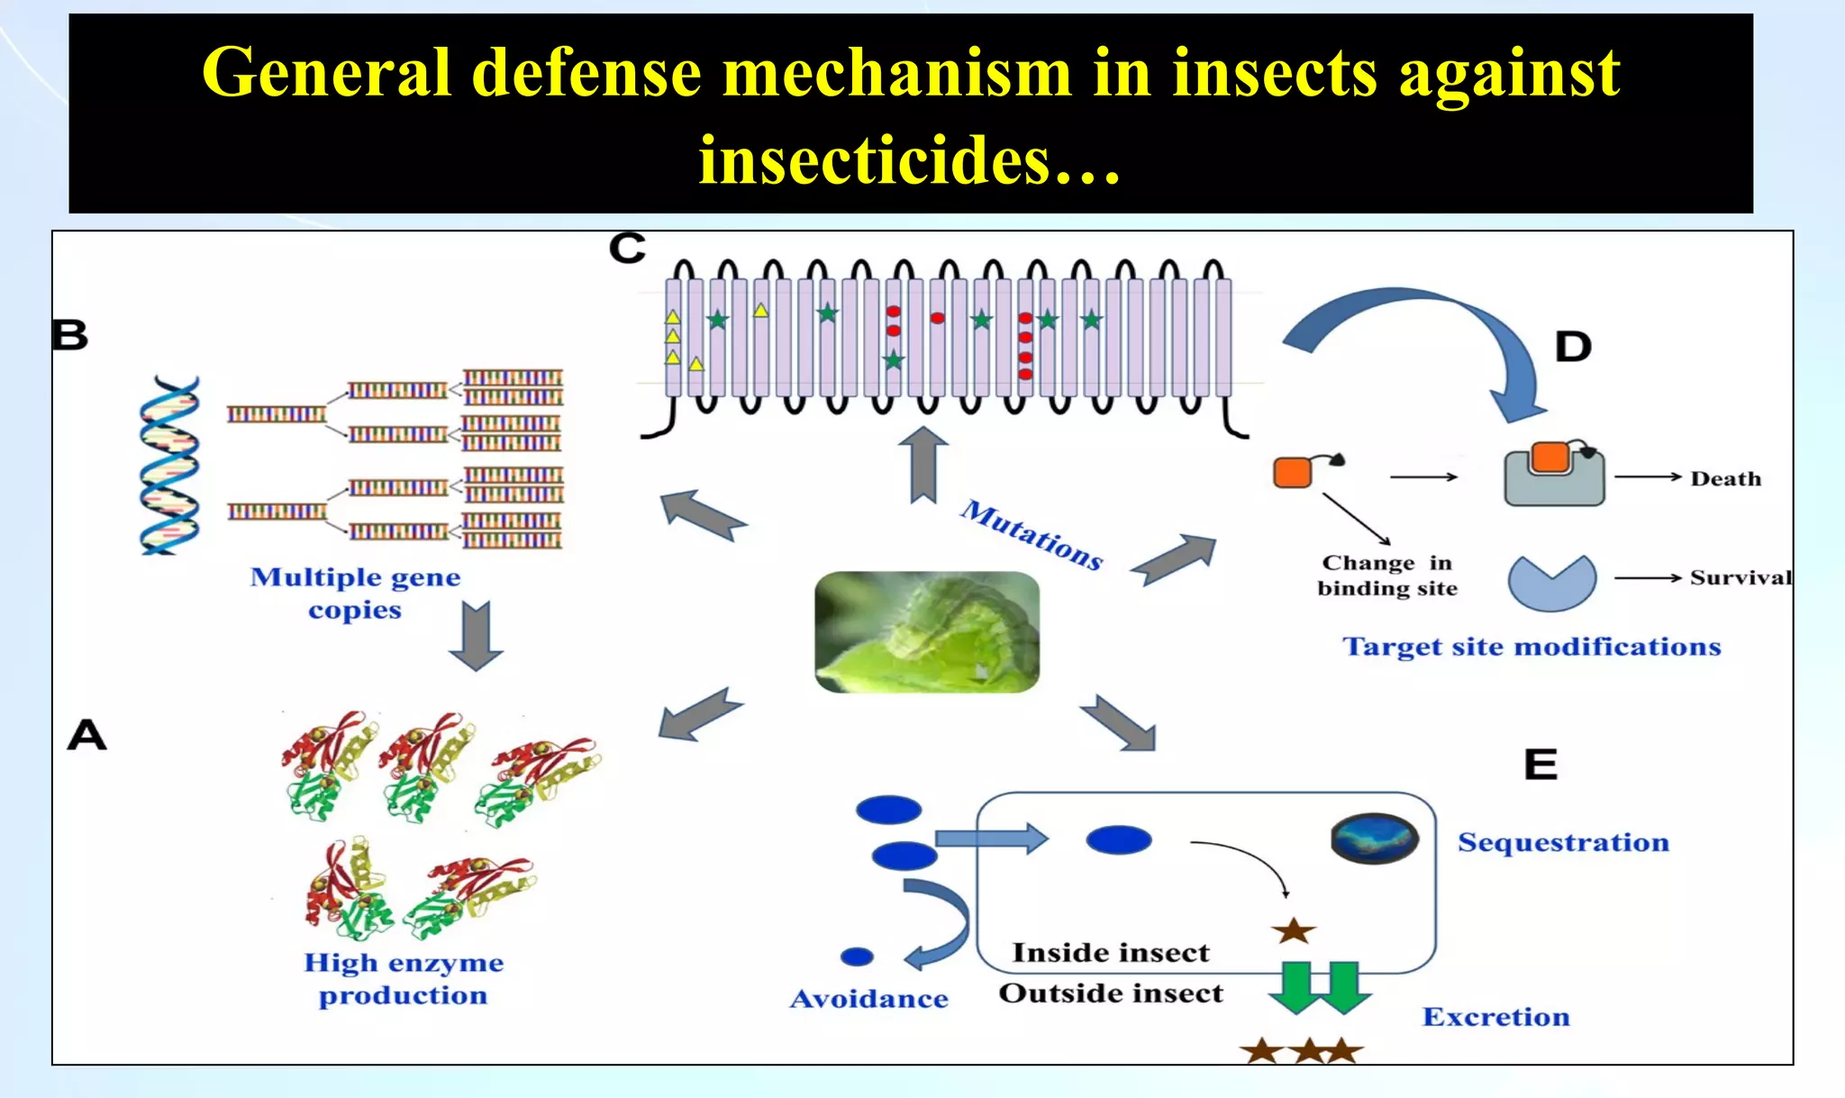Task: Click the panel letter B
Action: click(x=69, y=335)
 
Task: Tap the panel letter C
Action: click(x=627, y=248)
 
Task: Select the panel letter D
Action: click(x=1573, y=347)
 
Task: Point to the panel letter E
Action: click(x=1541, y=765)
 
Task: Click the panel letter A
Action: click(x=87, y=735)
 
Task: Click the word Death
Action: click(x=1725, y=478)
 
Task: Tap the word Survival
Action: click(x=1740, y=577)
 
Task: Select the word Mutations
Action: click(x=1032, y=535)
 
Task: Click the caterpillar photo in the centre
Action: click(x=927, y=631)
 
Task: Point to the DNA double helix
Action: click(x=169, y=465)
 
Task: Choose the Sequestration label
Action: click(x=1563, y=842)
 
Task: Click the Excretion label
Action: click(x=1495, y=1017)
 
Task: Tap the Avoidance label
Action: click(x=868, y=999)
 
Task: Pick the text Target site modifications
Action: click(x=1531, y=647)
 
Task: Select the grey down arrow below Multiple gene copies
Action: click(x=476, y=636)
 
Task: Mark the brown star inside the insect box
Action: click(x=1294, y=930)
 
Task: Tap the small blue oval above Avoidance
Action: click(x=857, y=957)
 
